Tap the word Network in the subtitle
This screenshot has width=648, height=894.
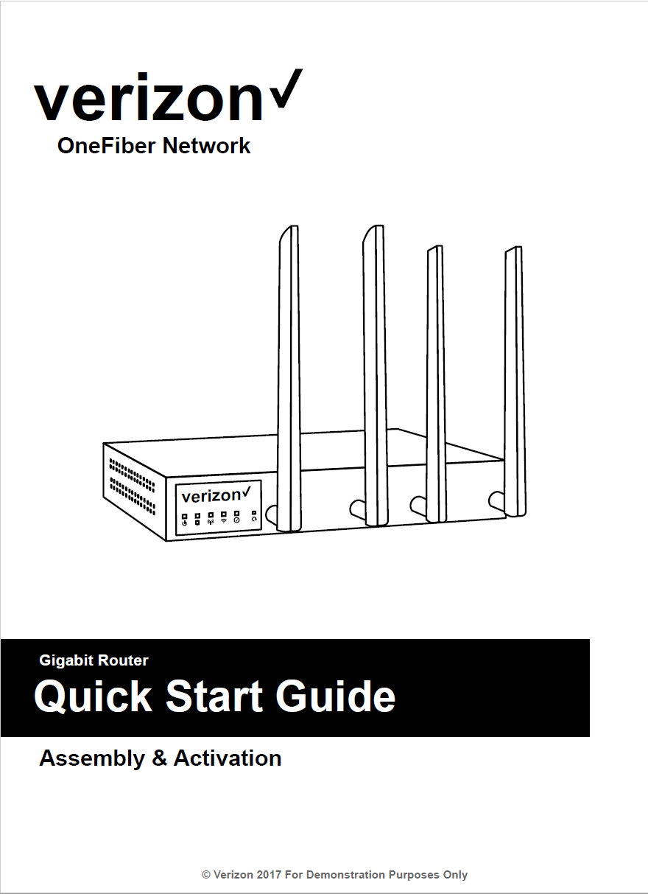coord(207,146)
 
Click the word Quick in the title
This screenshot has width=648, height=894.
coord(94,696)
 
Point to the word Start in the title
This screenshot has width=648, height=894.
coord(214,696)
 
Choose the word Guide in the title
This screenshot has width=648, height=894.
coord(335,696)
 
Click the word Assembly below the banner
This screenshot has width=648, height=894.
coord(92,758)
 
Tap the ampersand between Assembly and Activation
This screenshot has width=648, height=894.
coord(160,758)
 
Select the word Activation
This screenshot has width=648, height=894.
coord(228,758)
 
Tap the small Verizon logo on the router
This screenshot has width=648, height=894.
coord(216,495)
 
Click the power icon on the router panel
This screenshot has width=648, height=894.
coord(185,523)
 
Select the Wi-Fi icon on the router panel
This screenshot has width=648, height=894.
coord(224,520)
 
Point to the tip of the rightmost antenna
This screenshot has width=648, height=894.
coord(516,247)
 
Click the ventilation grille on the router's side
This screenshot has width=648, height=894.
coord(133,486)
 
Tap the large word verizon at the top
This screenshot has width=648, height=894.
coord(148,97)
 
